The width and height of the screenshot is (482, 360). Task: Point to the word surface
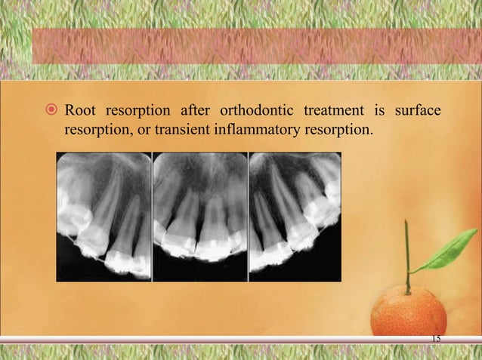point(416,112)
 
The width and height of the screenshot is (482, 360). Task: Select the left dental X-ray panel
point(104,217)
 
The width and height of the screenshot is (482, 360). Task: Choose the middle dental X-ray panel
point(200,217)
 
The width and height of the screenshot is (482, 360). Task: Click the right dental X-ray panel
point(295,217)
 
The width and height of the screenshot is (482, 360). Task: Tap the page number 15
point(435,337)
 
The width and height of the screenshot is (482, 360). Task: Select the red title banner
point(257,46)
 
